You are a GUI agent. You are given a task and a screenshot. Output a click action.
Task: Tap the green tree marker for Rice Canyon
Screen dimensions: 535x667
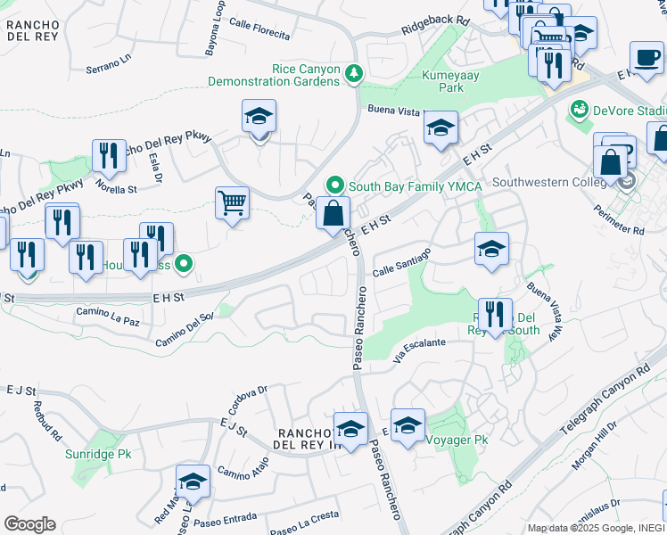tap(355, 72)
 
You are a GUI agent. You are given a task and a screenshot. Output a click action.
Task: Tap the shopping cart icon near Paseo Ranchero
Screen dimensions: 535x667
tap(232, 202)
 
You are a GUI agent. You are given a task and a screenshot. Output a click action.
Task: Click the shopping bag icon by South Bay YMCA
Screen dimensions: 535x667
tap(333, 214)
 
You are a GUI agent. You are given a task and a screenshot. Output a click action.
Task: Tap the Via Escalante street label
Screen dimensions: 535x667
tap(419, 349)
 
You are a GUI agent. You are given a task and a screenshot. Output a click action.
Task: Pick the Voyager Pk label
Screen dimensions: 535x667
tap(457, 440)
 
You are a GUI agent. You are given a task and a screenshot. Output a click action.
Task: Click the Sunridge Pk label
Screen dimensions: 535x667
tap(98, 454)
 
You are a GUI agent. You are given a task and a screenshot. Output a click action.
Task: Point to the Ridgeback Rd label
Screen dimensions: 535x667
tap(435, 20)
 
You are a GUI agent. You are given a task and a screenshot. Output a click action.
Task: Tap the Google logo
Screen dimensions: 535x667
tap(29, 524)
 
